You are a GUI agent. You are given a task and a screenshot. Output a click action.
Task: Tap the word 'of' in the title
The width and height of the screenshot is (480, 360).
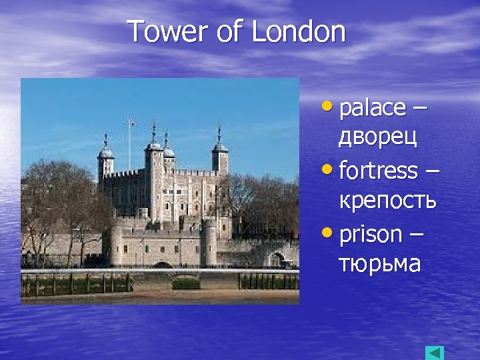230,32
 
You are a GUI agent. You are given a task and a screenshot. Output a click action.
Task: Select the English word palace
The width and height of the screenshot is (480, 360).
372,107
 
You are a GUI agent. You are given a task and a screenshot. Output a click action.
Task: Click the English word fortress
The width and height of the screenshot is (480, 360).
378,171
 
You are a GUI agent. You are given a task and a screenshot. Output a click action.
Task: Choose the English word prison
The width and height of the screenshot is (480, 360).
371,235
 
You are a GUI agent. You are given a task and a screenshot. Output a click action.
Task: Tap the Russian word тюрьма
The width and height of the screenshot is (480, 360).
379,264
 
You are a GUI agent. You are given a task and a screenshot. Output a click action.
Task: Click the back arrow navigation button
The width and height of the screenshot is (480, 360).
434,353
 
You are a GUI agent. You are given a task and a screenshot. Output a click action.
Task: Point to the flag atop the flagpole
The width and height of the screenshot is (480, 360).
131,123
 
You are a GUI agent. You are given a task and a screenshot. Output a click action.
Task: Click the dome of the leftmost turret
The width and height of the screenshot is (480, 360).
105,151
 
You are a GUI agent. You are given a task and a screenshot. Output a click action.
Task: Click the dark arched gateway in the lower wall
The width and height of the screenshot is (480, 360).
162,265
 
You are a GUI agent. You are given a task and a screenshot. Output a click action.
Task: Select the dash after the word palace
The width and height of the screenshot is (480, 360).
421,108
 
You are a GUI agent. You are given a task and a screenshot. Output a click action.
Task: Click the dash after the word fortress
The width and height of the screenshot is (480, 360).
432,171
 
